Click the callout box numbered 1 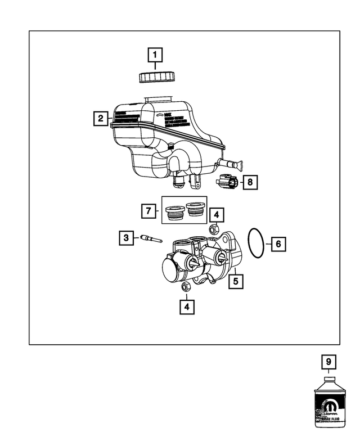coord(155,55)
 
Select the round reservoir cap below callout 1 coord(155,76)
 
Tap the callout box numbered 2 coord(101,118)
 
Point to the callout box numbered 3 coord(127,238)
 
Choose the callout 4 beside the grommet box coord(217,215)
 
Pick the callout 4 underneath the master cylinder coord(187,307)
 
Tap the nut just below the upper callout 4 coord(214,229)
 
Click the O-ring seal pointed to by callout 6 coord(256,244)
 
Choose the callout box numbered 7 coord(148,211)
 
